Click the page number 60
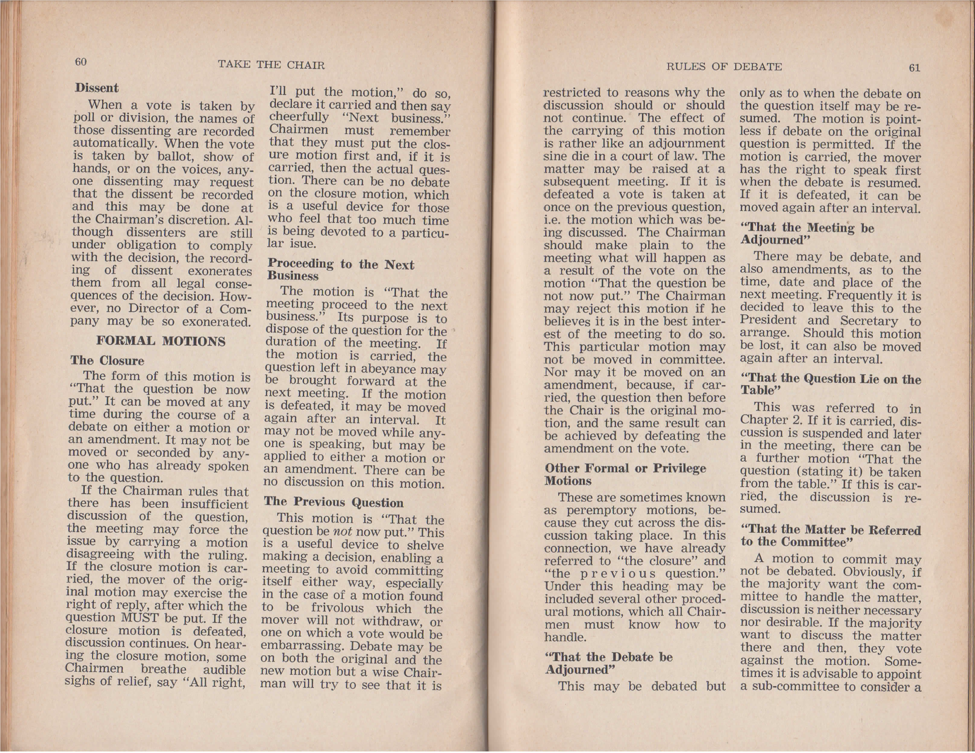[81, 62]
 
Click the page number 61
[914, 68]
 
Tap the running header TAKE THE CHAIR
[271, 65]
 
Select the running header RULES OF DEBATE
[724, 67]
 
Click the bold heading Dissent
[97, 88]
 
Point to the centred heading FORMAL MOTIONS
[161, 341]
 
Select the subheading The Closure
[107, 360]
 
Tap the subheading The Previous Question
[334, 502]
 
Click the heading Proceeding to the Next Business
[340, 270]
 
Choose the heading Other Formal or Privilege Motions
[625, 474]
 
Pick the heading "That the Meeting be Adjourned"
[807, 234]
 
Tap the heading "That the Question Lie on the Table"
[830, 385]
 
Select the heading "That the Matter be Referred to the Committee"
[830, 536]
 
